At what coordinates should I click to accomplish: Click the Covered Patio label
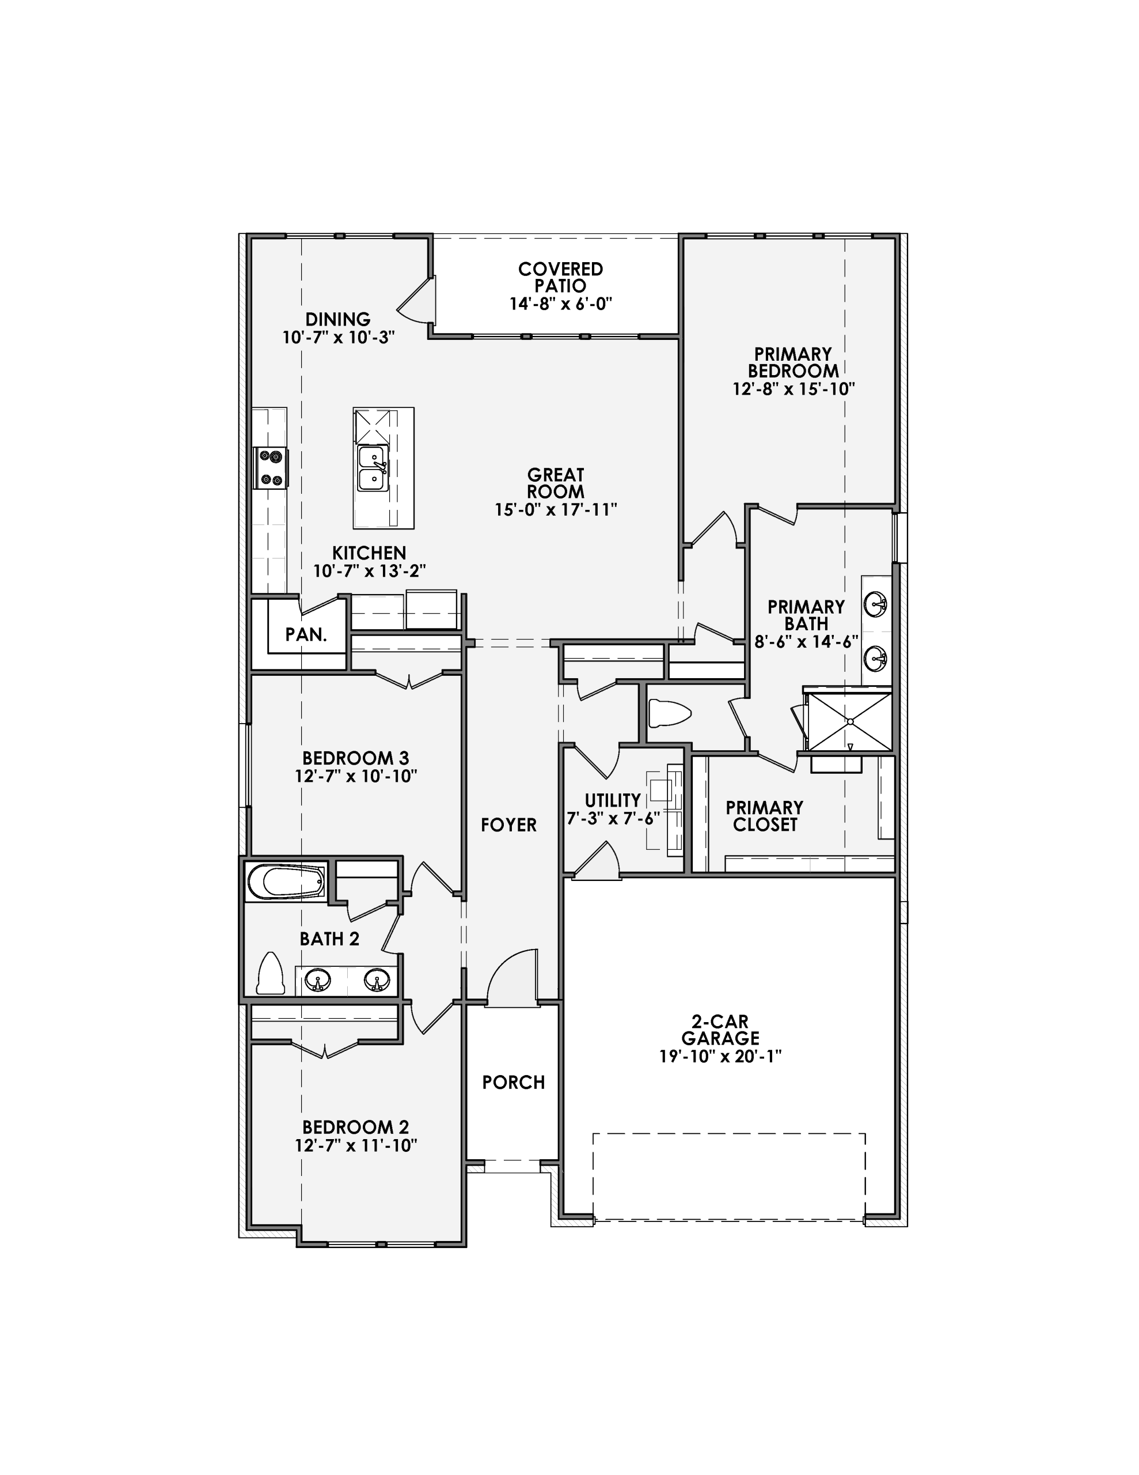pos(560,278)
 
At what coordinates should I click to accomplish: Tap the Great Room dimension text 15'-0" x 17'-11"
pos(556,510)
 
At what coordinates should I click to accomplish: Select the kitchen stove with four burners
pos(270,468)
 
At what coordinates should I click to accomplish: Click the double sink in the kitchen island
pos(372,468)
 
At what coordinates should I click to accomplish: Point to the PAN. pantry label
pos(306,635)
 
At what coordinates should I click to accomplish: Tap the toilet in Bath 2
pos(271,974)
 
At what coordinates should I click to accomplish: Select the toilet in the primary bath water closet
pos(669,713)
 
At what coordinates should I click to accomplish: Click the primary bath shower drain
pos(850,721)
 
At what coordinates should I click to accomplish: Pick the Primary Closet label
pos(764,816)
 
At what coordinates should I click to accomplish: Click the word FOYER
pos(508,825)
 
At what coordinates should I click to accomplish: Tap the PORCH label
pos(513,1083)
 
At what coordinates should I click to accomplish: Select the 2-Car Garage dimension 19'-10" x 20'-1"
pos(720,1056)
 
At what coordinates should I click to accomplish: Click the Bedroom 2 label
pos(355,1127)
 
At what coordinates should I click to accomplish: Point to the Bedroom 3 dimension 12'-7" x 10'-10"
pos(356,777)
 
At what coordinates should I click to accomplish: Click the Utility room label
pos(612,800)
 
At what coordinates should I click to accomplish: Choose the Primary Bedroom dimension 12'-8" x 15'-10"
pos(793,389)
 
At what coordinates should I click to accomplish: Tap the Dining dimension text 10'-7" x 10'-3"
pos(338,337)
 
